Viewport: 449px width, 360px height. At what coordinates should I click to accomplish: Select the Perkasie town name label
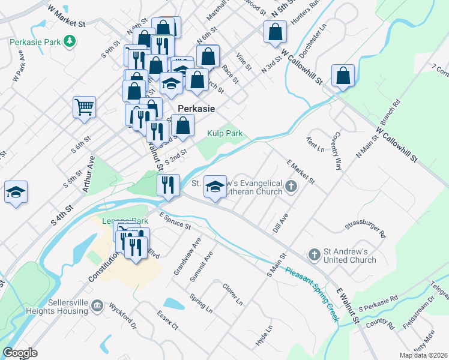coord(196,109)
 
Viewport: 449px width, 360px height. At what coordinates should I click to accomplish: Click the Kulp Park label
coord(226,133)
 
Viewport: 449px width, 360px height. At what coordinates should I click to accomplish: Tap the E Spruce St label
coord(175,220)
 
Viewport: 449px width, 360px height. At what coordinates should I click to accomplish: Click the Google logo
coord(20,353)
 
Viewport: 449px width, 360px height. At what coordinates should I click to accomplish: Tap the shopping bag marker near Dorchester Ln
coord(343,76)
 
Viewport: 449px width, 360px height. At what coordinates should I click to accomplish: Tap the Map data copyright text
coord(424,355)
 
